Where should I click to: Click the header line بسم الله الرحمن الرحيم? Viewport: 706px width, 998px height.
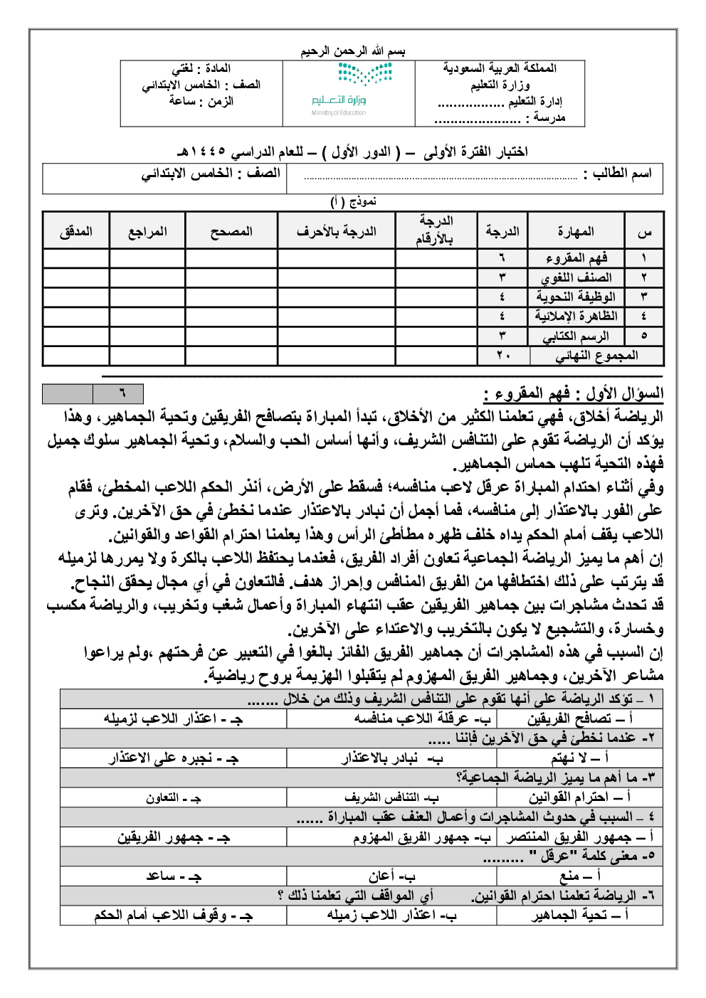click(x=352, y=51)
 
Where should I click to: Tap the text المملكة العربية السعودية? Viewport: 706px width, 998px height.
click(x=500, y=68)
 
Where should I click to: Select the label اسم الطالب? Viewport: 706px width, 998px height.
click(x=617, y=174)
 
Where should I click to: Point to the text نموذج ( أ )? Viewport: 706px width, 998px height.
click(x=353, y=202)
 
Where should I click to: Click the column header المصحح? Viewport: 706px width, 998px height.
click(x=231, y=232)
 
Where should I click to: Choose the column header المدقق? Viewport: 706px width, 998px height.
click(x=76, y=232)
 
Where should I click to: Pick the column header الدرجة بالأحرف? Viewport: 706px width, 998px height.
click(x=336, y=232)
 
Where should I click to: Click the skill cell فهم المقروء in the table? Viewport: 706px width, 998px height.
click(x=576, y=258)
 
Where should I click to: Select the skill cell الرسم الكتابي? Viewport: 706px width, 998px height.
click(x=576, y=336)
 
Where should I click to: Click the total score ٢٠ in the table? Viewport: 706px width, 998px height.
click(x=502, y=356)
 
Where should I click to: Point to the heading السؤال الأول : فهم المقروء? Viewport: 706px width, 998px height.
click(x=573, y=393)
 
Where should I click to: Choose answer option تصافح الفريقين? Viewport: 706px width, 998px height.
click(x=579, y=719)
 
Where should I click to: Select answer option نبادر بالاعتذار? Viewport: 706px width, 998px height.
click(x=391, y=758)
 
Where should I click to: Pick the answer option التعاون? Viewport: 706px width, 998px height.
click(x=174, y=798)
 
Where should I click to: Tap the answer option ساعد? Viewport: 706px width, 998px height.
click(x=174, y=876)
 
